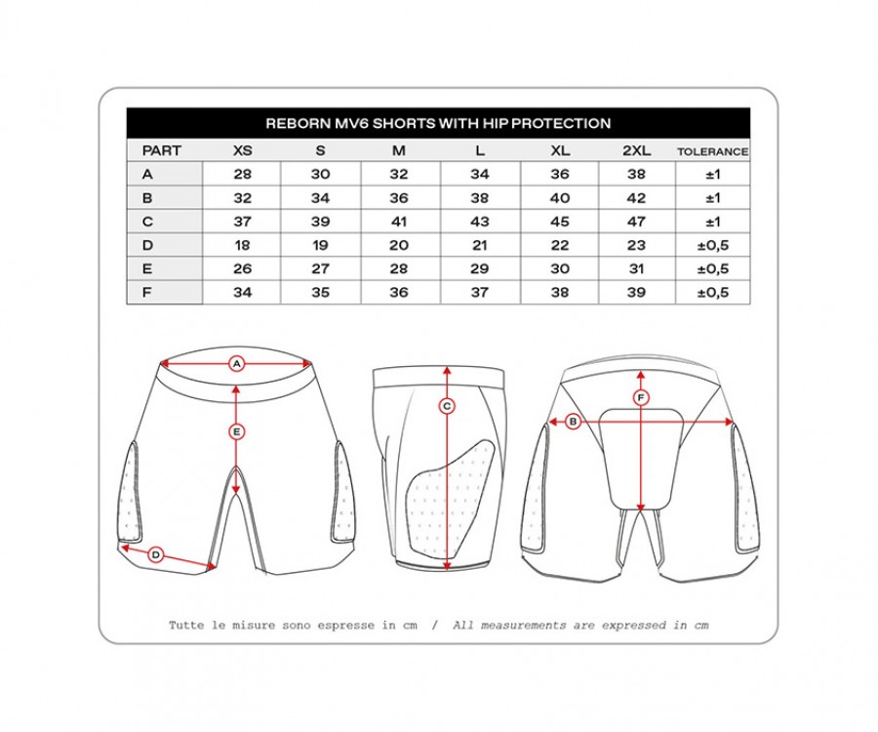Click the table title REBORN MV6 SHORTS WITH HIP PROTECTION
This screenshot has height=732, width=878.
click(x=438, y=123)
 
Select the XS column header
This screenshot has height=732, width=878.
click(x=243, y=150)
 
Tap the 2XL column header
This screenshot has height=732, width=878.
click(x=637, y=150)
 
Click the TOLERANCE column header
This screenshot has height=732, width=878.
click(x=712, y=151)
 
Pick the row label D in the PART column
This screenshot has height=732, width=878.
click(x=147, y=245)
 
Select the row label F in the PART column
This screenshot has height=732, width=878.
click(x=146, y=293)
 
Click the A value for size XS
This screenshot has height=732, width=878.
click(x=243, y=174)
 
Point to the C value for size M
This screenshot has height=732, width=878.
click(x=399, y=222)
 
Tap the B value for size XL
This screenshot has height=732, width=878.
click(x=560, y=198)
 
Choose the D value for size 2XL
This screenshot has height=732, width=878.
click(x=637, y=245)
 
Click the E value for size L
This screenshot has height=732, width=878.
click(x=480, y=268)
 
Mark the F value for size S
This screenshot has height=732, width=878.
click(x=320, y=293)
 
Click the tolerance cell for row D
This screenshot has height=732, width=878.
click(x=713, y=245)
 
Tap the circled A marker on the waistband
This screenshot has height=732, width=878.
click(x=237, y=364)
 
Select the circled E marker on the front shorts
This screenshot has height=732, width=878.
click(x=237, y=431)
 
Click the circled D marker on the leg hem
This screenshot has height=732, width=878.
click(x=156, y=555)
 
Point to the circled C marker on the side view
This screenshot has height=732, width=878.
click(x=447, y=406)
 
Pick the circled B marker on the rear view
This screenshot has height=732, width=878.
click(x=573, y=422)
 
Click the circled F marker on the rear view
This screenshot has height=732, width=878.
click(x=641, y=398)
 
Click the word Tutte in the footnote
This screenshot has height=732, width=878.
click(x=186, y=625)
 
